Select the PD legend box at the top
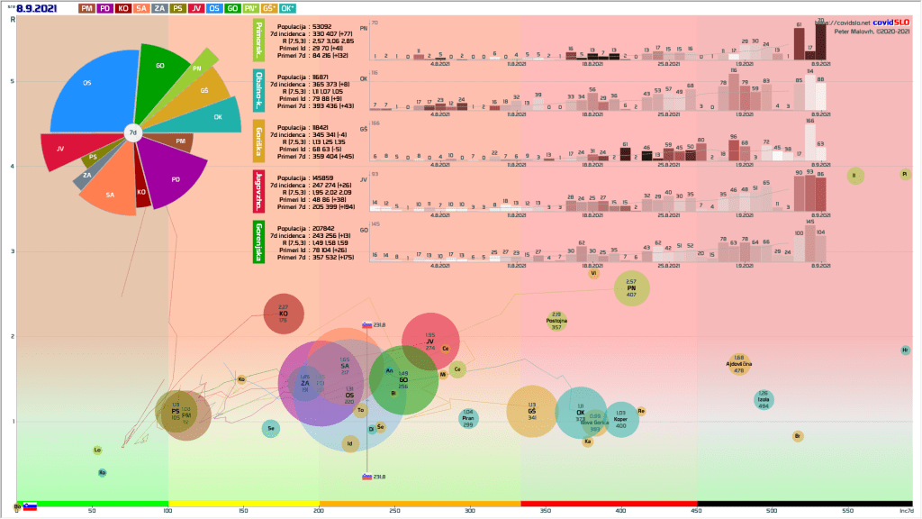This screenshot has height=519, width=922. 106,8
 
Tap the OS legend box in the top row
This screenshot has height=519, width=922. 213,8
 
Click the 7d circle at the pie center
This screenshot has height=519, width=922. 132,133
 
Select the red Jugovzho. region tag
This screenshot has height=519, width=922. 258,188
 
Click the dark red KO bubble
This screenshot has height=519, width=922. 284,313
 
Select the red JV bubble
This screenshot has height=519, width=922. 430,341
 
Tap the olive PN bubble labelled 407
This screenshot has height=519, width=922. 631,288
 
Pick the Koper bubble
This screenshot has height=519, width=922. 620,419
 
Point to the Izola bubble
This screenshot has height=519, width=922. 763,400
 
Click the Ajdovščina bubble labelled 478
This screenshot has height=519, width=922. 738,363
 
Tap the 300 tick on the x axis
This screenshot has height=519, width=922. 470,511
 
